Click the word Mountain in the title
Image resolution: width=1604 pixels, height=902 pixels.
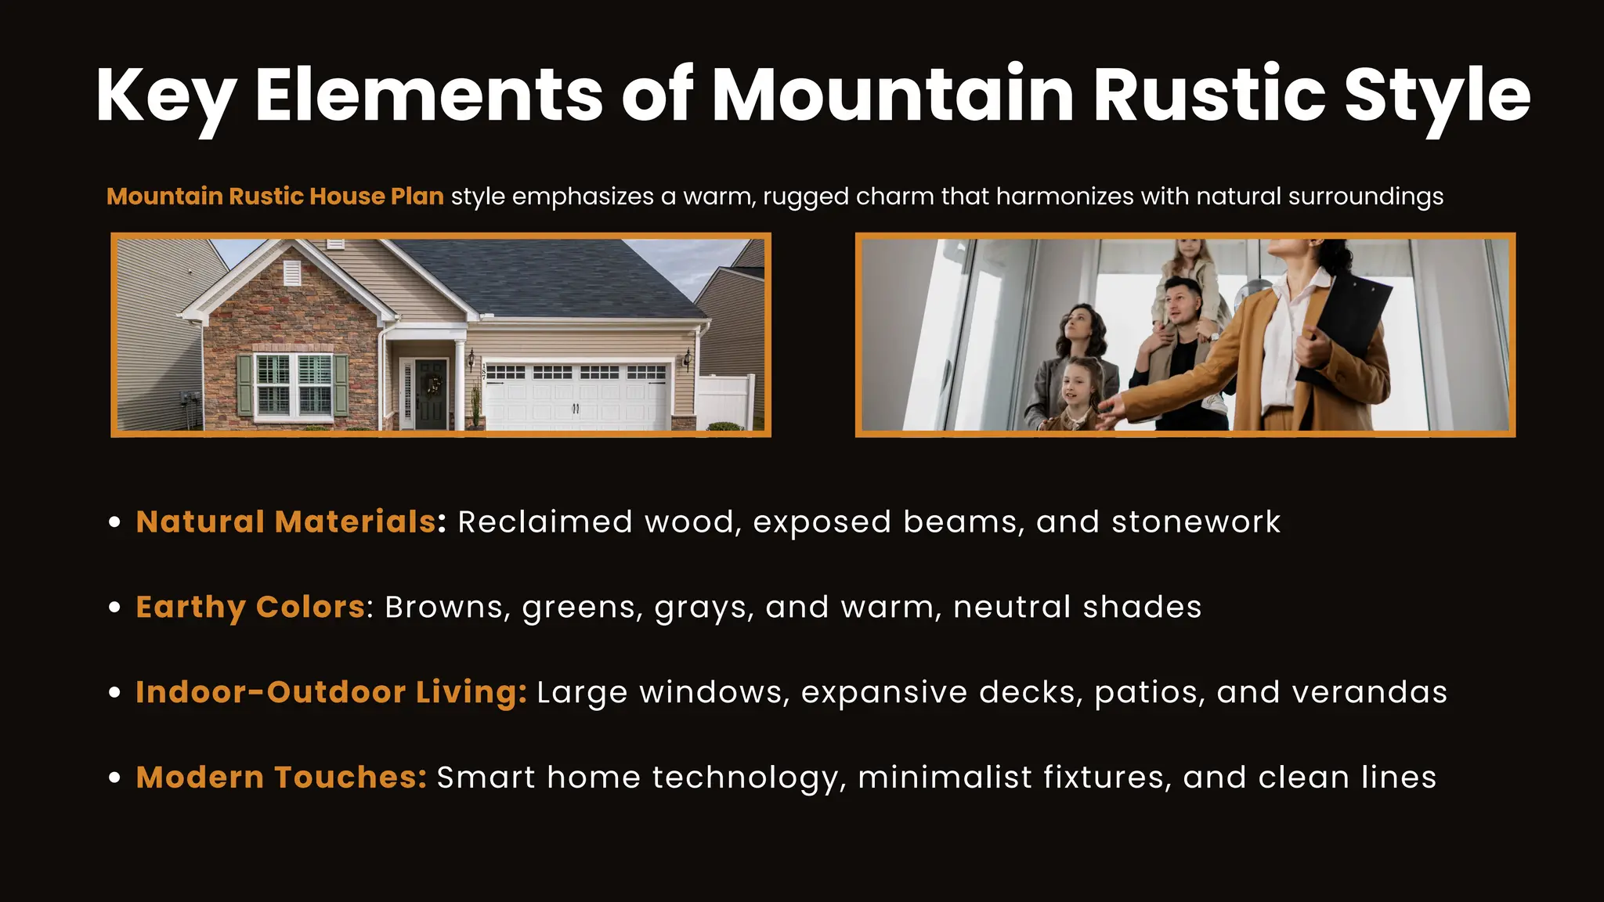click(x=893, y=96)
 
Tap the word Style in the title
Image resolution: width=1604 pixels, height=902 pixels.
click(x=1436, y=96)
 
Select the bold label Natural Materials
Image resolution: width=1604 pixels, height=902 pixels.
click(x=286, y=521)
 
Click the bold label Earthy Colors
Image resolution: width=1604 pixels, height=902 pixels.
click(x=251, y=607)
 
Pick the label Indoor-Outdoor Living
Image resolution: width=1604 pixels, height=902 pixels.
click(x=331, y=692)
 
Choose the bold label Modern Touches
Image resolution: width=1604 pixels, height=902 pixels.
click(x=281, y=778)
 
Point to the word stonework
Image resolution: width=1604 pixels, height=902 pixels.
click(x=1196, y=521)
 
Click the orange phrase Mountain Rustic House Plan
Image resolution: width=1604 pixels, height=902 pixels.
click(x=275, y=196)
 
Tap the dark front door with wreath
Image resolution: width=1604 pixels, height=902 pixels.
click(x=431, y=394)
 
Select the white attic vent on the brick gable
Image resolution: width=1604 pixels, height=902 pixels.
click(x=291, y=272)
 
